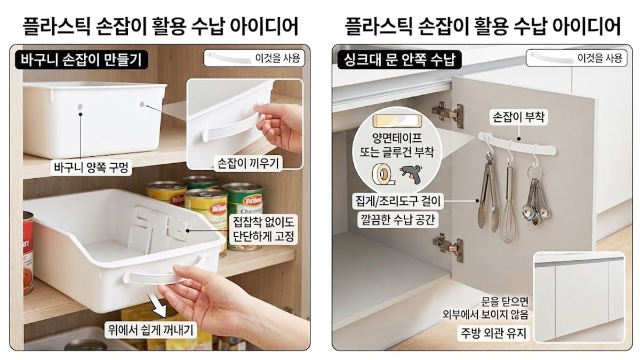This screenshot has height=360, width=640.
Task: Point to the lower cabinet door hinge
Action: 447,246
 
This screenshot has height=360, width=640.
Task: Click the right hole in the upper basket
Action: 142,104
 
